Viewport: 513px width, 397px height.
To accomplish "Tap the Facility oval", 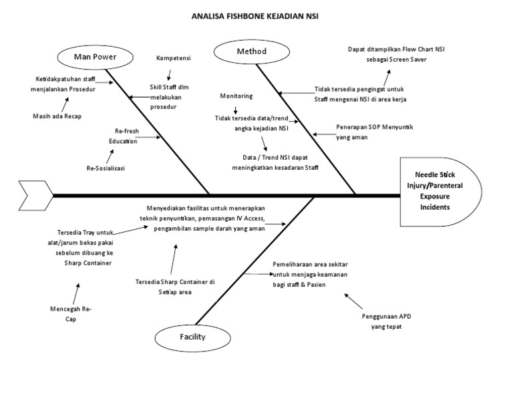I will pyautogui.click(x=191, y=337).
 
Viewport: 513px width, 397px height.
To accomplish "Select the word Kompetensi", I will pyautogui.click(x=173, y=58).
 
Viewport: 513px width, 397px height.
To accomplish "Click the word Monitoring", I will pyautogui.click(x=236, y=96).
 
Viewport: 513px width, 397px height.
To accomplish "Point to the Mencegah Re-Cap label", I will pyautogui.click(x=71, y=315).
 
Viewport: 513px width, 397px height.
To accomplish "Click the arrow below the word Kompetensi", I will pyautogui.click(x=170, y=74).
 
